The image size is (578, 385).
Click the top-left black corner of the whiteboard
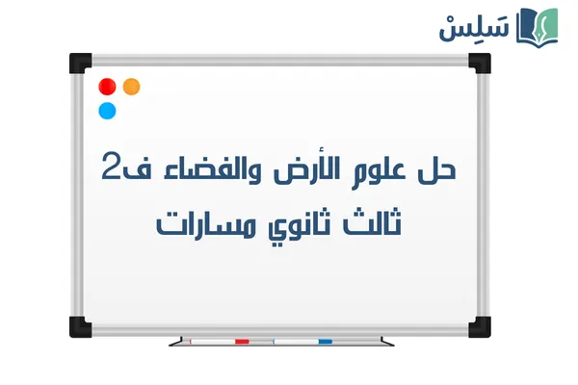point(79,62)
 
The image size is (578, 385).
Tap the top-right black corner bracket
point(479,62)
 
